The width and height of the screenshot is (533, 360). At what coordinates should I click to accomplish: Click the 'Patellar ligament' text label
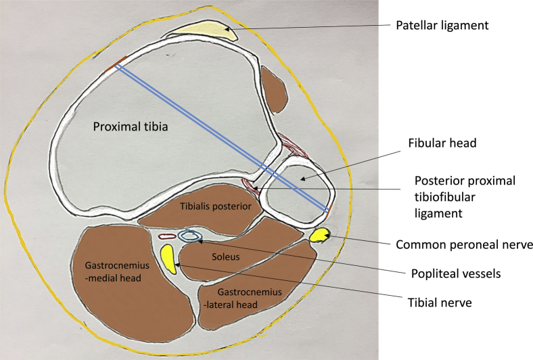(x=442, y=26)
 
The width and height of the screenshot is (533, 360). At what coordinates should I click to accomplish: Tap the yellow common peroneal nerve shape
(x=319, y=236)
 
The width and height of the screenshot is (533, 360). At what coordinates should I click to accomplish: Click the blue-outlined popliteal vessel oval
(x=191, y=235)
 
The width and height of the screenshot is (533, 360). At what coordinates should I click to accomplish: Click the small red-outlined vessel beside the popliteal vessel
(x=166, y=237)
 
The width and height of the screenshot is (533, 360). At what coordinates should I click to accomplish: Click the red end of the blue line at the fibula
(x=329, y=210)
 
